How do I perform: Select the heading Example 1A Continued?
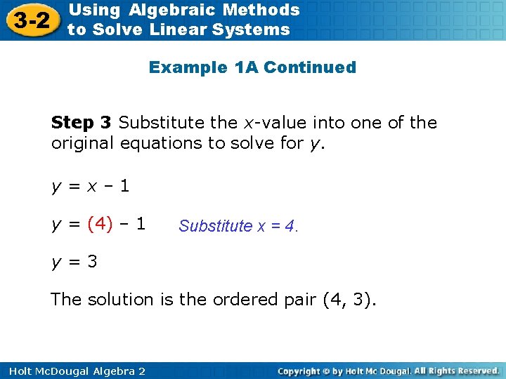tap(252, 67)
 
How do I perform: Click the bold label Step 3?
tap(82, 123)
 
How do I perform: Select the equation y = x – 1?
tap(89, 187)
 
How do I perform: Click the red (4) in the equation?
tap(100, 225)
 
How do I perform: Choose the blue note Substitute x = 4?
tap(238, 226)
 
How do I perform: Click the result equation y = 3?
tap(74, 262)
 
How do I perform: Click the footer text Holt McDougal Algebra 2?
tap(73, 371)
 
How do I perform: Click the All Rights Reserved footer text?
tap(457, 371)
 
